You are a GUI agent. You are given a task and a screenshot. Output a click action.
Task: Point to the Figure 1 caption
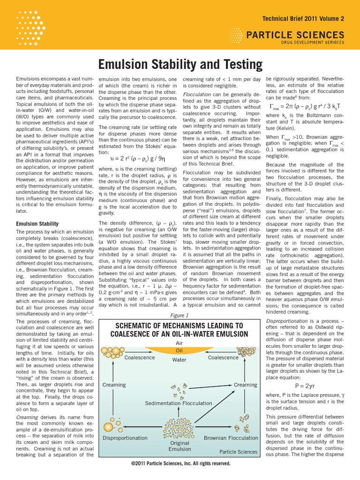(180, 315)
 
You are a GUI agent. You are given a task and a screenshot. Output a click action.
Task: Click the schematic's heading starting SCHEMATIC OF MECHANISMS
(180, 330)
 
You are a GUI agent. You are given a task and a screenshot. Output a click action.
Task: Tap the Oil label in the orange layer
(180, 350)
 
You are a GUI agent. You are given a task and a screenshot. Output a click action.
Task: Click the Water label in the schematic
(180, 360)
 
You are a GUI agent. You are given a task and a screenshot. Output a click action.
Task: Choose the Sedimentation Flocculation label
(179, 403)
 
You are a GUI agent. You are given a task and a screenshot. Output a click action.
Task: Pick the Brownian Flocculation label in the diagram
(231, 438)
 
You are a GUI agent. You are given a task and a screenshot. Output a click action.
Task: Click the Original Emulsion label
(180, 446)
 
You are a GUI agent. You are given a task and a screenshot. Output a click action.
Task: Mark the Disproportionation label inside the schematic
(125, 438)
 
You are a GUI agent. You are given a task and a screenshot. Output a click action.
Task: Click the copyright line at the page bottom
(180, 463)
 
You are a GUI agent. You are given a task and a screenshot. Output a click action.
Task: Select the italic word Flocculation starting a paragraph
(198, 94)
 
